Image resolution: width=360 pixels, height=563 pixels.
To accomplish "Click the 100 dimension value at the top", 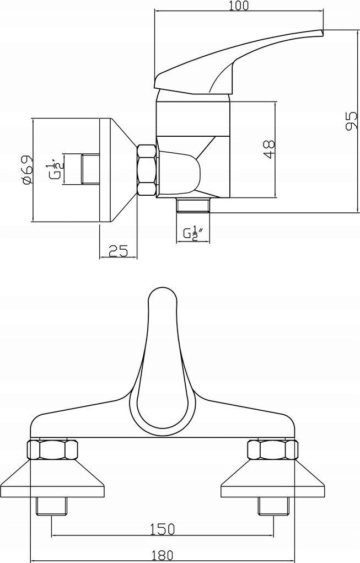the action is [x=238, y=6].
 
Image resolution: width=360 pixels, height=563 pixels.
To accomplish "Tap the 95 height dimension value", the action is [x=351, y=121].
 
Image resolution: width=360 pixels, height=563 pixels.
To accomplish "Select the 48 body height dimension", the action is [x=269, y=149].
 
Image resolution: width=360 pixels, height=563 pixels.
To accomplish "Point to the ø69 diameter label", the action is [x=26, y=170].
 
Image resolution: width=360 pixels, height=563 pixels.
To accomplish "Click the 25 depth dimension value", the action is [x=118, y=250].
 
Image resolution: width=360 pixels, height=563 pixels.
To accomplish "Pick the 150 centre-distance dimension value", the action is [x=163, y=528].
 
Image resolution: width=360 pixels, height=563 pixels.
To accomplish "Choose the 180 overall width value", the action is [x=163, y=555].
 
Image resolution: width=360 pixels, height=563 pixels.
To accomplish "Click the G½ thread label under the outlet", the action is [x=193, y=234].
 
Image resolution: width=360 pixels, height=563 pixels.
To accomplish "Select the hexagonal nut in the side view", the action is [x=147, y=170].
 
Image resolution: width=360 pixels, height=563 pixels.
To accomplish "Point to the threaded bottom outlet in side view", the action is [x=193, y=205].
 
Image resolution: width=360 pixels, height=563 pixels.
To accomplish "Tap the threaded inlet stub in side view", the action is [x=91, y=169].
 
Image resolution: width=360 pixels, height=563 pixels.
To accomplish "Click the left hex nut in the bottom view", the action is [x=52, y=449].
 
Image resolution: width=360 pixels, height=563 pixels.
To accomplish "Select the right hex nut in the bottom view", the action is [x=273, y=449].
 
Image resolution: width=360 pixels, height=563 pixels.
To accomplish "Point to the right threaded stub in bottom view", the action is [x=273, y=506].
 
